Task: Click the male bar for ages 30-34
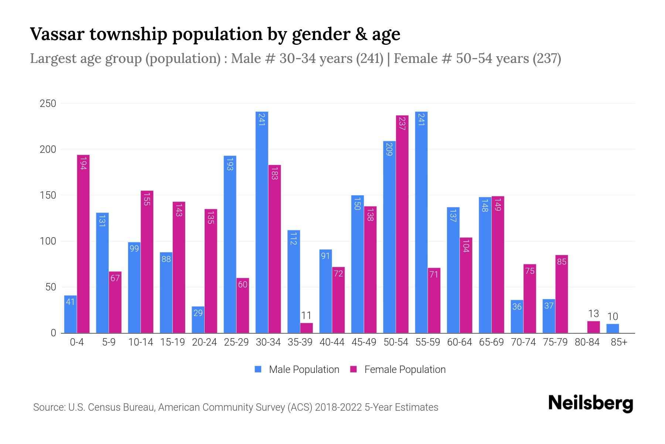click(x=262, y=222)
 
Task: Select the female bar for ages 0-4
click(x=83, y=244)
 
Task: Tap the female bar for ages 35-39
click(x=306, y=328)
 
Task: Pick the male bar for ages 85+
click(x=613, y=329)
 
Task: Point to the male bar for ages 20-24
click(x=198, y=320)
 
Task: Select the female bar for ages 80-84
click(x=593, y=327)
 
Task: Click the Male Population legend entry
click(x=297, y=369)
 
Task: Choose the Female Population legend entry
click(x=398, y=369)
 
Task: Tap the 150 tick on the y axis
click(x=48, y=195)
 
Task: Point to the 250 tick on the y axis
click(x=48, y=104)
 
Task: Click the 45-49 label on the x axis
click(x=364, y=342)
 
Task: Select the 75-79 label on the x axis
click(x=555, y=342)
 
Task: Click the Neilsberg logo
click(x=590, y=403)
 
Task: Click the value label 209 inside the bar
click(x=389, y=149)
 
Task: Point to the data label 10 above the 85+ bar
click(x=613, y=317)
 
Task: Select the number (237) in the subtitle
click(x=546, y=58)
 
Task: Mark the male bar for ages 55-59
click(x=421, y=222)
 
